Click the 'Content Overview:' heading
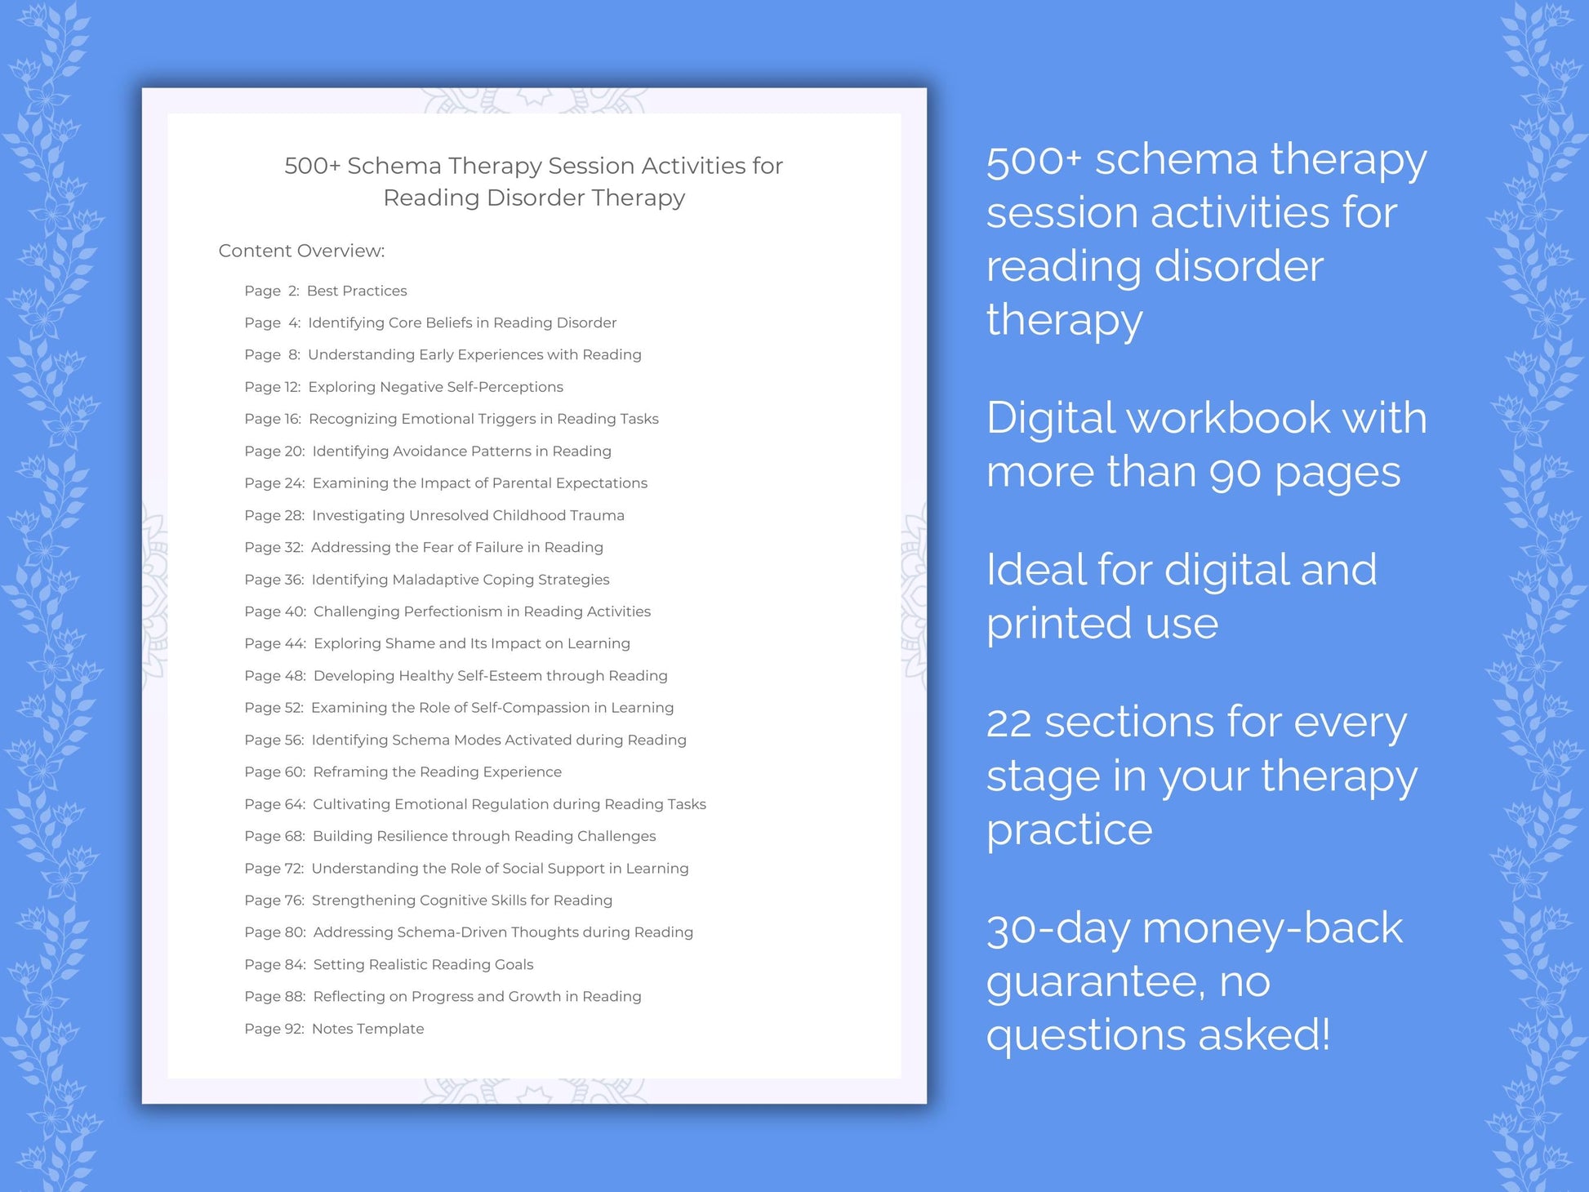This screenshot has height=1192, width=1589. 301,251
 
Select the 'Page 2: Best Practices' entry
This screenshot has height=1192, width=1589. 325,291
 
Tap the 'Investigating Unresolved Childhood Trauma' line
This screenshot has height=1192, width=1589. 468,515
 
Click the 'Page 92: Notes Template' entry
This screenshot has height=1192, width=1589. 334,1029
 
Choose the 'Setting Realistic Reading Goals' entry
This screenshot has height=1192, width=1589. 423,964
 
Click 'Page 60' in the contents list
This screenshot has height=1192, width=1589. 274,772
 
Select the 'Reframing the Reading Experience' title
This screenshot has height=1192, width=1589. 437,772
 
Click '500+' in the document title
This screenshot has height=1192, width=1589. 312,166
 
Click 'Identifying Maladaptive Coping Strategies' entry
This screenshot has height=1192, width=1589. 460,580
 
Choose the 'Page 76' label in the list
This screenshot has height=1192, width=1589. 274,900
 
